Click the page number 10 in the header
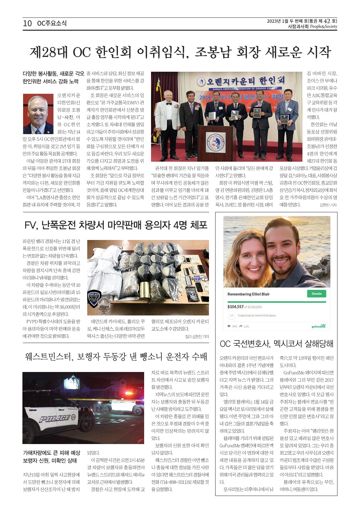point(27,23)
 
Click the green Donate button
point(316,294)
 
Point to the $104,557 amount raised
point(236,306)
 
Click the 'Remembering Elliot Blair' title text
point(248,294)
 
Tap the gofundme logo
point(318,326)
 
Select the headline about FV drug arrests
point(116,225)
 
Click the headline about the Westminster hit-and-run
point(116,356)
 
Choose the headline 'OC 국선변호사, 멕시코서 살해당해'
point(276,344)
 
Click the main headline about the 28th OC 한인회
point(180,52)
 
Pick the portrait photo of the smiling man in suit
point(38,114)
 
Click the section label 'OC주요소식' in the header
point(52,23)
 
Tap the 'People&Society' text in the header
point(323,27)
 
